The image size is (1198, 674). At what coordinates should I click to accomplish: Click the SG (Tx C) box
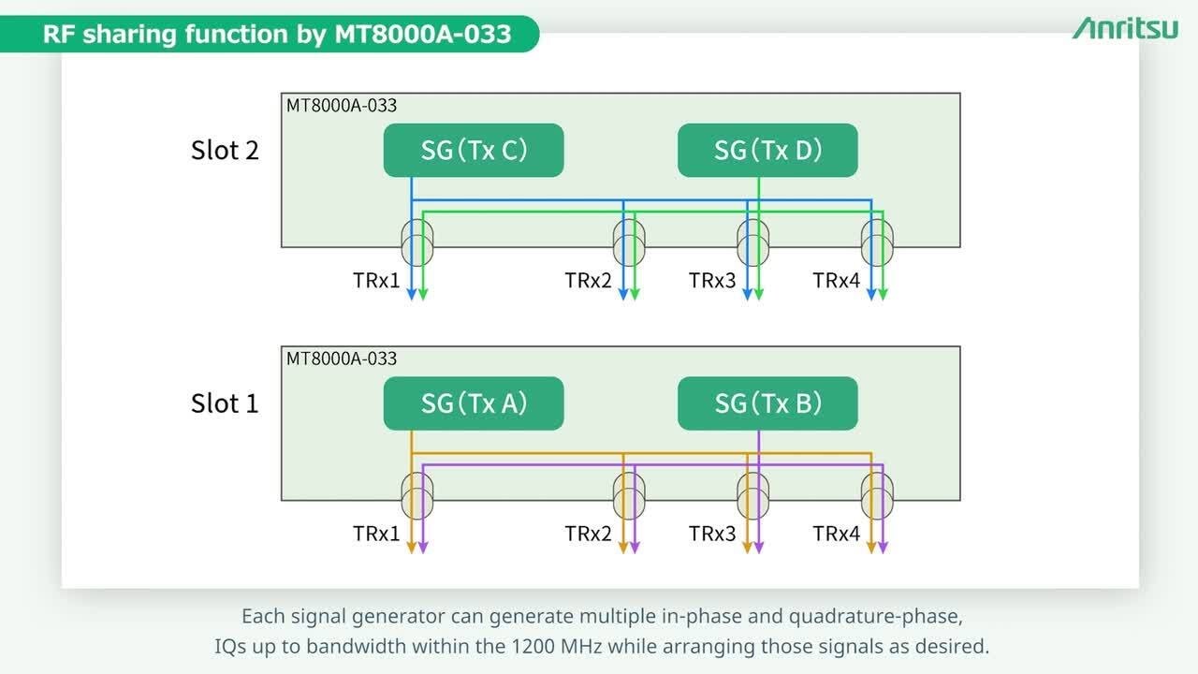click(x=474, y=150)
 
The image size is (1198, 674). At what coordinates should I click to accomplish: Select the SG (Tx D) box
click(x=767, y=150)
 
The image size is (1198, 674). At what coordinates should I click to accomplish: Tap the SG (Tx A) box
click(x=474, y=403)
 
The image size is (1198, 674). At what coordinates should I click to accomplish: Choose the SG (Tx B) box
click(x=767, y=403)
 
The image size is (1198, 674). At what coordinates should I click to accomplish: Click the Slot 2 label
click(x=225, y=150)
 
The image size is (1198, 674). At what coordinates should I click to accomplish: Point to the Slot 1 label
click(x=225, y=403)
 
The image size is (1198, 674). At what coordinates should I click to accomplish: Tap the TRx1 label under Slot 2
click(x=376, y=280)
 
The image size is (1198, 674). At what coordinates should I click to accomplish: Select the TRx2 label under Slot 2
click(x=588, y=280)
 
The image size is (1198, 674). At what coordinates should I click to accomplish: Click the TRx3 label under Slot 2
click(x=712, y=280)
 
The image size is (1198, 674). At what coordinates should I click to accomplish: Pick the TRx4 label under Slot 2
click(x=836, y=280)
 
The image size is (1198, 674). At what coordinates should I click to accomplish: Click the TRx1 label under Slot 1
click(x=376, y=534)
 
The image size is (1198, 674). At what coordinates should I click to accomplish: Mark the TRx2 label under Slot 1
click(x=588, y=534)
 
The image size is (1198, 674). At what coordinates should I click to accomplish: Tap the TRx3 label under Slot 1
click(x=712, y=534)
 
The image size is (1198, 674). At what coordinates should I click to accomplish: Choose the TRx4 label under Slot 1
click(x=836, y=534)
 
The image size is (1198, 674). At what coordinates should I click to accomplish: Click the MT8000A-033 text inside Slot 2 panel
click(x=342, y=106)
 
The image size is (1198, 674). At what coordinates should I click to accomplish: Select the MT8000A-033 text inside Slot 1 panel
click(x=342, y=359)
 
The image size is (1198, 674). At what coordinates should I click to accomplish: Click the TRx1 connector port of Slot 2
click(x=417, y=242)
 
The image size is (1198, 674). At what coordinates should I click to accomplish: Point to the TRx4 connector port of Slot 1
click(x=878, y=495)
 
